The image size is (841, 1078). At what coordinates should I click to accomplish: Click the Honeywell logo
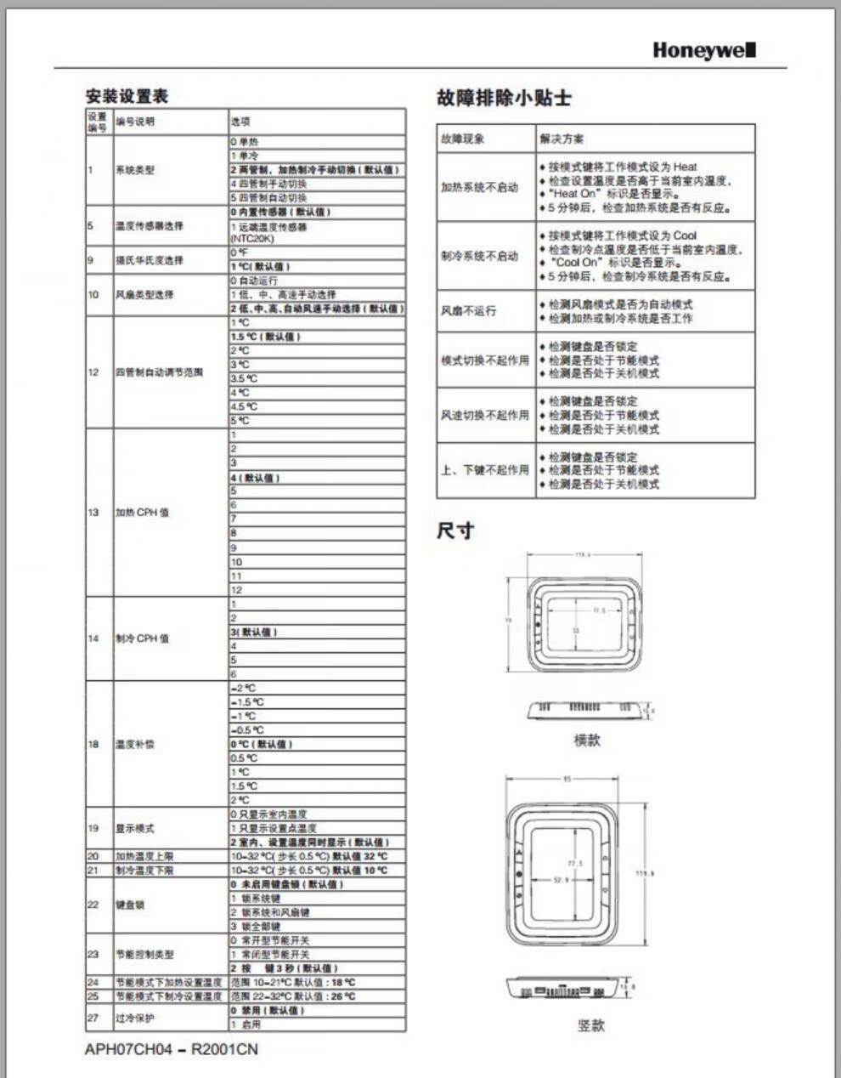pos(703,50)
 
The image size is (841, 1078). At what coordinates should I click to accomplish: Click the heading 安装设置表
pos(127,96)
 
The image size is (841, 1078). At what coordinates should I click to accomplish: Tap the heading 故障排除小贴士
pos(504,98)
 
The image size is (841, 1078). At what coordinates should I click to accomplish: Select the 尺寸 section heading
pos(455,530)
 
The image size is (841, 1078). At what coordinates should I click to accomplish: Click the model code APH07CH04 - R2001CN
pos(171,1049)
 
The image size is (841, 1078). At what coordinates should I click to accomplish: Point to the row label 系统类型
pos(135,170)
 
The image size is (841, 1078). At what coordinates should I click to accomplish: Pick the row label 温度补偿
pos(135,744)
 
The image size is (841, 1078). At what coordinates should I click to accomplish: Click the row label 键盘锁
pos(130,905)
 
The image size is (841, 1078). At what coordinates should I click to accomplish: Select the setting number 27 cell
pos(93,1018)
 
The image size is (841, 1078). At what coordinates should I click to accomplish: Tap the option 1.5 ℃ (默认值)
pos(265,337)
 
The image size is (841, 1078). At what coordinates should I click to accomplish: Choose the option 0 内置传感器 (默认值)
pos(280,212)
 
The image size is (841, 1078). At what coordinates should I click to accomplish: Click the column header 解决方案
pos(562,139)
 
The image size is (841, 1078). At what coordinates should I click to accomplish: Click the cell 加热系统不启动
pos(479,187)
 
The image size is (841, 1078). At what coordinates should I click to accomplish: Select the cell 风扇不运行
pos(468,311)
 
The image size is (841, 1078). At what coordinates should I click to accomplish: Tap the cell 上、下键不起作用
pos(484,470)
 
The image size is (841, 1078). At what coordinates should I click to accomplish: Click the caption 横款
pos(587,740)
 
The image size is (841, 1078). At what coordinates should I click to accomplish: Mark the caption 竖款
pos(590,1025)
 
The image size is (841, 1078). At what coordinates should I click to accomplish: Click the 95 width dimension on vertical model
pos(567,779)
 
